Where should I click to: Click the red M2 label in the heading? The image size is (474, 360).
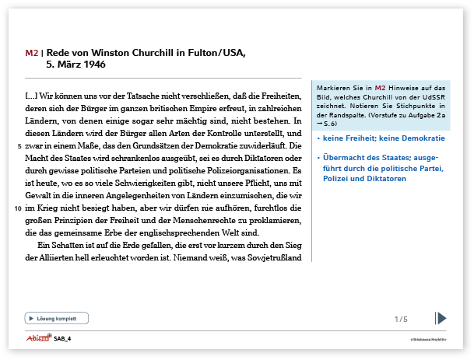tap(31, 53)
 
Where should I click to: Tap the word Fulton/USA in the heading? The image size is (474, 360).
tap(215, 53)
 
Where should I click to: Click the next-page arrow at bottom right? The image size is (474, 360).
tap(441, 318)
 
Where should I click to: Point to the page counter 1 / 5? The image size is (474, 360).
tap(401, 319)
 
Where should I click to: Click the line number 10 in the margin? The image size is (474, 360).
tap(17, 208)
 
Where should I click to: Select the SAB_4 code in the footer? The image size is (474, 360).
tap(62, 339)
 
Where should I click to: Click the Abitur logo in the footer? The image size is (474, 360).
tap(36, 338)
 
